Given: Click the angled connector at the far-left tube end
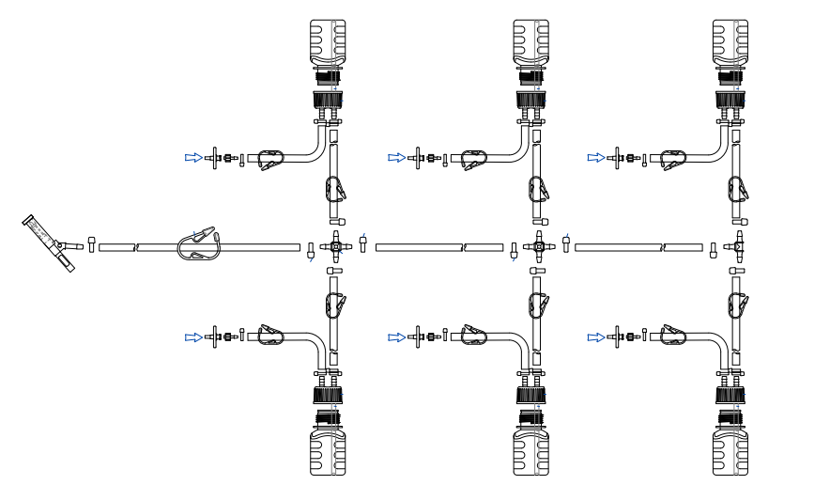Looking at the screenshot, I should (x=49, y=242).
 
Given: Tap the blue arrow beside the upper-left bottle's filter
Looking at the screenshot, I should (x=192, y=158).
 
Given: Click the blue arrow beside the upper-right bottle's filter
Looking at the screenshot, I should (x=596, y=158).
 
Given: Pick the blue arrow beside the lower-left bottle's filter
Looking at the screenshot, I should (x=192, y=336).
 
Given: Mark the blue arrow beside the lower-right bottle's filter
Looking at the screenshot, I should (x=596, y=336).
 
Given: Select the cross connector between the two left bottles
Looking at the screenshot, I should (x=335, y=246).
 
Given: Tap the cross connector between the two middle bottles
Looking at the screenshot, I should (x=539, y=246).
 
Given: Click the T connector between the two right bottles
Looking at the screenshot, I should (x=738, y=247).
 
